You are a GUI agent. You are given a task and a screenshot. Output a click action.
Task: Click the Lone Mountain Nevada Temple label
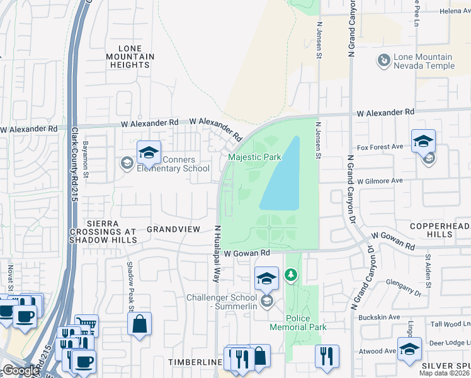(x=424, y=61)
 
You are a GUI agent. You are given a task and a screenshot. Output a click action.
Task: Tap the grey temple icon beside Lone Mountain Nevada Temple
(x=383, y=60)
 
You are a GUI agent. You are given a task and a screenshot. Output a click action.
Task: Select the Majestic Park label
(x=254, y=156)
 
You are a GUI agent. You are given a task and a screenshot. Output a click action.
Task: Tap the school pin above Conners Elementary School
(x=149, y=153)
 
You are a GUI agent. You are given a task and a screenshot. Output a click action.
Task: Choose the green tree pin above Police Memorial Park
(x=290, y=275)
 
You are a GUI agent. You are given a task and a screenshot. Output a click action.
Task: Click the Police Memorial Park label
(x=298, y=323)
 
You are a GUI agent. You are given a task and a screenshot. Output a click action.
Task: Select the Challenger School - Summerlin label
(x=223, y=302)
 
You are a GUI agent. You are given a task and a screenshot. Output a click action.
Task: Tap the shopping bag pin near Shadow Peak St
(x=139, y=324)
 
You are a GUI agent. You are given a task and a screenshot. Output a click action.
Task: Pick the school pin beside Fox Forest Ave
(x=423, y=141)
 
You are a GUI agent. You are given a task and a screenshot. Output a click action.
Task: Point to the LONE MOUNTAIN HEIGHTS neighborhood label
(x=135, y=57)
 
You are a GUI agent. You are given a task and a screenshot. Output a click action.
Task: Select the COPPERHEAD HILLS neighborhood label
(x=440, y=230)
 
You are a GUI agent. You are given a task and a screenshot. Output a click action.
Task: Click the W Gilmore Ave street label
(x=379, y=181)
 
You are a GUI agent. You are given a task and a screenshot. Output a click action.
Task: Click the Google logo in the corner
(x=20, y=370)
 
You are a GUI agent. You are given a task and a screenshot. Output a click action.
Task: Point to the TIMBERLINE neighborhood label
(x=195, y=363)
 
